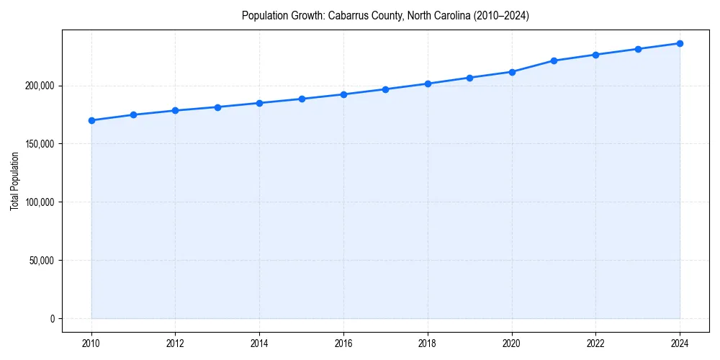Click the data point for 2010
[x=91, y=120]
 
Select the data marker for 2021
[x=554, y=60]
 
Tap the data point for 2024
[x=680, y=43]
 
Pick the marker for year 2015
[x=302, y=99]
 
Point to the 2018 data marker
[x=428, y=84]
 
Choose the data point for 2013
[x=217, y=107]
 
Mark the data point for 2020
[x=512, y=72]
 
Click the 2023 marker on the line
[x=638, y=49]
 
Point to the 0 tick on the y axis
[x=51, y=319]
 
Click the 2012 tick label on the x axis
[x=176, y=343]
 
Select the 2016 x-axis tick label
[x=343, y=343]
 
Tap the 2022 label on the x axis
[x=595, y=343]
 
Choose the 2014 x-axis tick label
[x=260, y=343]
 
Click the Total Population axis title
[x=14, y=181]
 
